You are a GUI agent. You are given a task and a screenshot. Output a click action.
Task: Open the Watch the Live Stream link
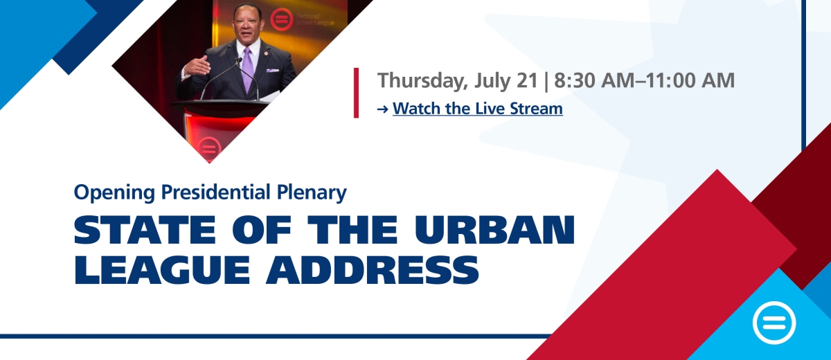tap(477, 109)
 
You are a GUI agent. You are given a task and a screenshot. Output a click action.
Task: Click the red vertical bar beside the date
tap(356, 92)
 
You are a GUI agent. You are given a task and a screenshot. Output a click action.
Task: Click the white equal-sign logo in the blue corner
tap(774, 323)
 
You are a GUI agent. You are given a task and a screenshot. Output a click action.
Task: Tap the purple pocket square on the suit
tap(271, 71)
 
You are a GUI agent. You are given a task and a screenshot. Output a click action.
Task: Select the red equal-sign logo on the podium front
tap(208, 147)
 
